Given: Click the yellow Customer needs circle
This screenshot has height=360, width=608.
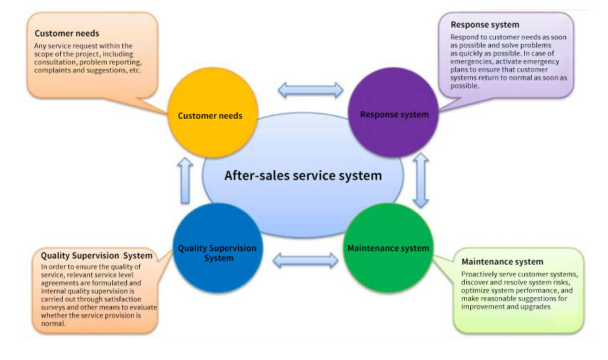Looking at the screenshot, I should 210,116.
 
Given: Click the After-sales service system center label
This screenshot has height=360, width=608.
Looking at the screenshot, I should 303,176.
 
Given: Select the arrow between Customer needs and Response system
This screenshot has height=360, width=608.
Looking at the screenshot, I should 311,90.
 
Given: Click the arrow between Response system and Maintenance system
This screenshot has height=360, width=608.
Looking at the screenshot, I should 421,180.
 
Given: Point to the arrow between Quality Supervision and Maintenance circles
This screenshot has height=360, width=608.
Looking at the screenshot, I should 305,260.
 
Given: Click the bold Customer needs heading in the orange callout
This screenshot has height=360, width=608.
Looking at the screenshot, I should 67,33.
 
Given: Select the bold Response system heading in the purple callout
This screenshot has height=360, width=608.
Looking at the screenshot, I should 485,25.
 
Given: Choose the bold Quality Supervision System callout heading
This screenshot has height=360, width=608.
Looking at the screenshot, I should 97,255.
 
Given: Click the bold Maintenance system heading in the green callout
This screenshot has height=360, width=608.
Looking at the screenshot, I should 502,261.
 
